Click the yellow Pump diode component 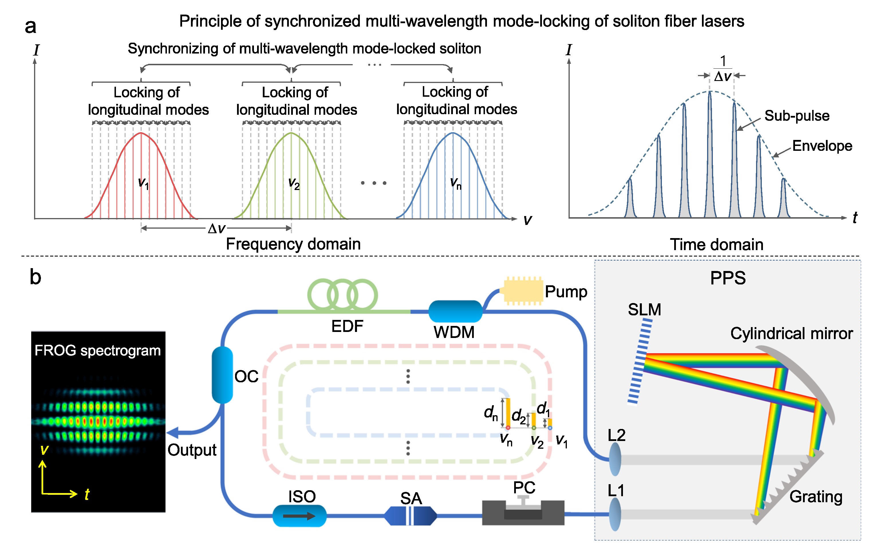tap(523, 291)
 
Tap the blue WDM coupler tap(455, 311)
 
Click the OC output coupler tap(222, 375)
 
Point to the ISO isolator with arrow tap(299, 516)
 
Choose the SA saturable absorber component tap(411, 516)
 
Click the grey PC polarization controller tap(523, 512)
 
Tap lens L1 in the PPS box tap(615, 515)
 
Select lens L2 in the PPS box tap(615, 460)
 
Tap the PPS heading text tap(728, 278)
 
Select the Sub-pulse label tap(797, 116)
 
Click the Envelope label tap(822, 146)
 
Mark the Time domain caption tap(717, 245)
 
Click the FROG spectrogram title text tap(98, 350)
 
